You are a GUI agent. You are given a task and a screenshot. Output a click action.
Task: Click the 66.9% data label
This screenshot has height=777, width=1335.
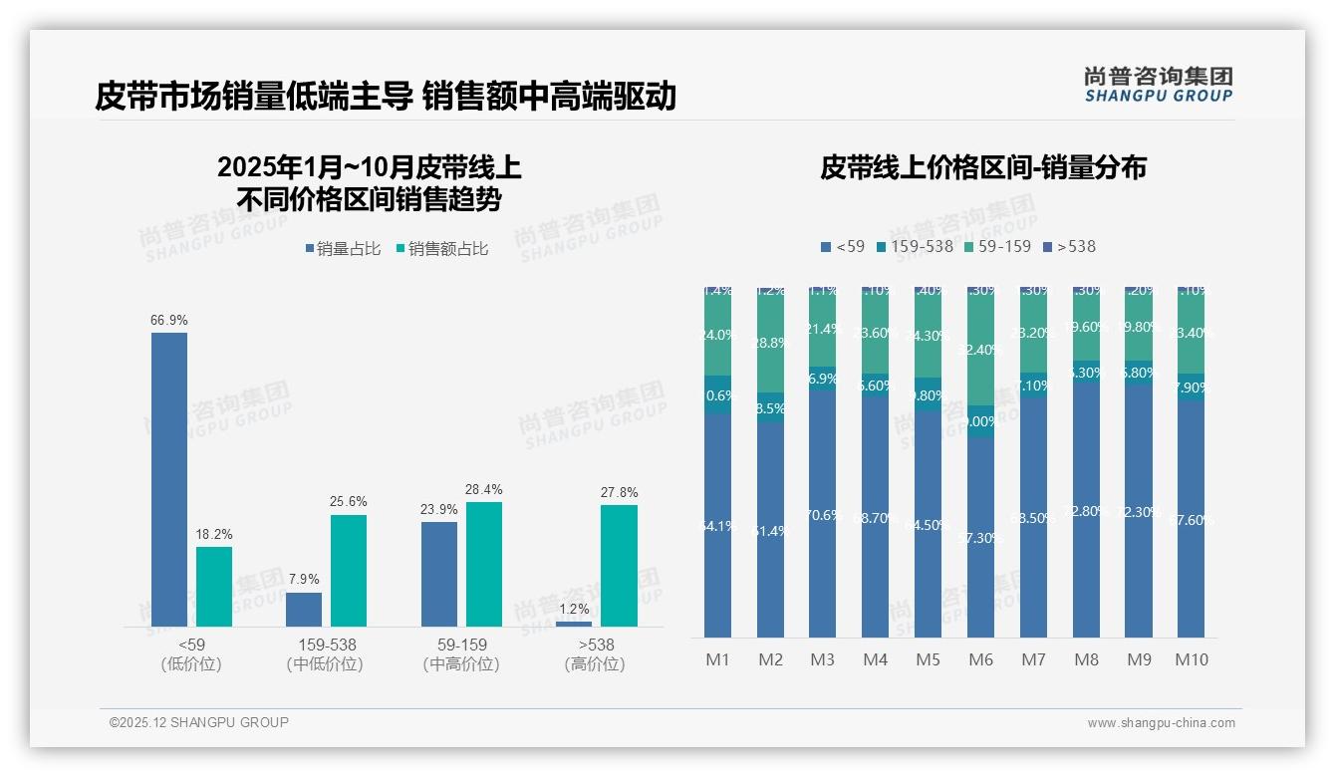coord(169,320)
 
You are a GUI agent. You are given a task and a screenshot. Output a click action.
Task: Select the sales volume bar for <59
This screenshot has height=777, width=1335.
coord(169,479)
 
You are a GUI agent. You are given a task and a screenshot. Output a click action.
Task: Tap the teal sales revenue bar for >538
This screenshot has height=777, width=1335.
coord(619,565)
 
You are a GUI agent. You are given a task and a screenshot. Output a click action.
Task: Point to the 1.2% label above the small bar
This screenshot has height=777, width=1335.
coord(574,609)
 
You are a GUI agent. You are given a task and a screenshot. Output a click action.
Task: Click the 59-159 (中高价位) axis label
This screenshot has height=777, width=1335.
coord(461,653)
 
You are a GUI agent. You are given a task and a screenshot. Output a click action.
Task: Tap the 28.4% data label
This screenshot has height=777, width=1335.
coord(484,489)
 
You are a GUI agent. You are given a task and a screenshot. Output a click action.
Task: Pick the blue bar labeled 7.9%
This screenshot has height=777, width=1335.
coord(304,609)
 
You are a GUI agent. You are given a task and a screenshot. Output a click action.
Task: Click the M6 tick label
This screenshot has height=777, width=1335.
coord(980,659)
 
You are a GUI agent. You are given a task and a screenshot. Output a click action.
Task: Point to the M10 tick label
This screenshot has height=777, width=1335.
coord(1191,659)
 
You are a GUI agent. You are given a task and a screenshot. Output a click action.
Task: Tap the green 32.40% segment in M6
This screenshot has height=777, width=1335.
coord(980,350)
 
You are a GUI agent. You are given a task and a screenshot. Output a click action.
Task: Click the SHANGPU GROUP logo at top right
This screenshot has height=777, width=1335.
coord(1158,85)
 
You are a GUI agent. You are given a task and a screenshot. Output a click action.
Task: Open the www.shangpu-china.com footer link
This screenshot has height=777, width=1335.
coord(1161,723)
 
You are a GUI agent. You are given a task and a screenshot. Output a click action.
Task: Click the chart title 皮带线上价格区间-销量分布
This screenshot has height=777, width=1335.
coord(982,167)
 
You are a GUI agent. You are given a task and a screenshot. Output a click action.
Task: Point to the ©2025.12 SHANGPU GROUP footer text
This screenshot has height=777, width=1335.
coord(199,722)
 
